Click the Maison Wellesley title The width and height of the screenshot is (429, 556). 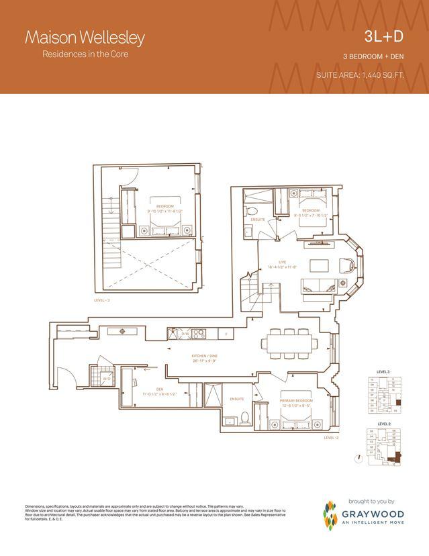tap(85, 38)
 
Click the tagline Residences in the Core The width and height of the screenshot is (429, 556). tap(86, 54)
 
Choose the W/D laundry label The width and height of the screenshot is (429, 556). tap(107, 379)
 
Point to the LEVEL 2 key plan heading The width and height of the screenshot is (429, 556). tap(384, 424)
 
